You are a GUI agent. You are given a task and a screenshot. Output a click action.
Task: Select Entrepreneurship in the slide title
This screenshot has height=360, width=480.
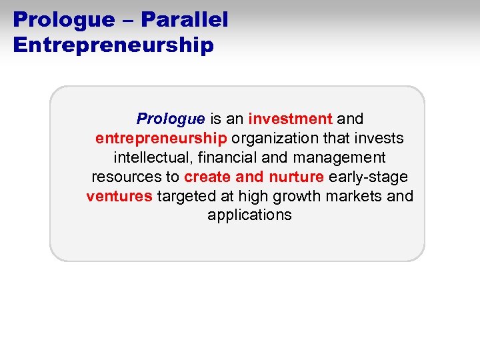tap(113, 45)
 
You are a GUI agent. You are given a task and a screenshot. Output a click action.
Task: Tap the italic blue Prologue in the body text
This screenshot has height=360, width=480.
tap(170, 119)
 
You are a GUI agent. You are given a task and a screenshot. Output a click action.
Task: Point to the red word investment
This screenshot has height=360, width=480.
tap(290, 119)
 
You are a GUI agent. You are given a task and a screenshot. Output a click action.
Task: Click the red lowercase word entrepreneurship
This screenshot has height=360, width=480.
tap(161, 139)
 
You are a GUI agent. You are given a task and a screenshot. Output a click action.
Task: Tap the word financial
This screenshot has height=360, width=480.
tap(219, 158)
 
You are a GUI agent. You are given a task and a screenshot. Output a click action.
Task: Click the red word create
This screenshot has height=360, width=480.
tap(205, 177)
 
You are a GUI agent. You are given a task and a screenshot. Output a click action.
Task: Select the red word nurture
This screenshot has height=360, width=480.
tap(297, 177)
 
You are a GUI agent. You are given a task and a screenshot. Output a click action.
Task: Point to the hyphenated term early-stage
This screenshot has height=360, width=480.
tap(368, 177)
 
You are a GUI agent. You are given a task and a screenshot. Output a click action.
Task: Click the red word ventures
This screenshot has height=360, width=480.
tap(119, 197)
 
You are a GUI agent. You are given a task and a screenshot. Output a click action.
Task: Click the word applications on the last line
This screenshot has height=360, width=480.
tap(249, 215)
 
